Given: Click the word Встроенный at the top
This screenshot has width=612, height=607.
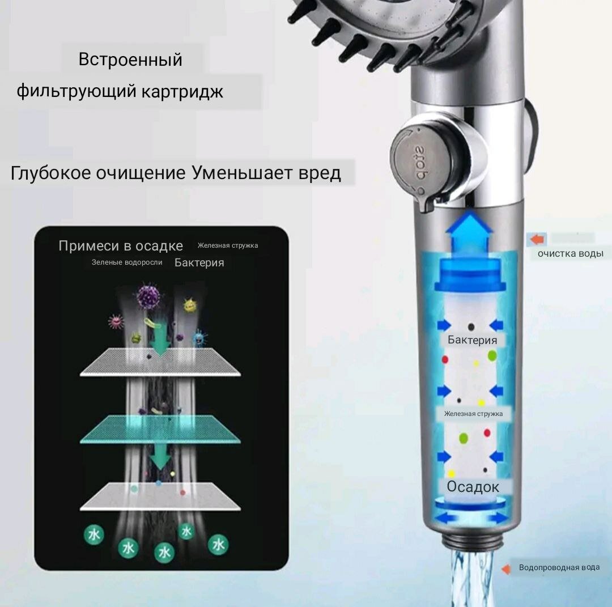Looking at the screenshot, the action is (x=130, y=60).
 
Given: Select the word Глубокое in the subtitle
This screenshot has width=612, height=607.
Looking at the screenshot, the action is (x=50, y=173).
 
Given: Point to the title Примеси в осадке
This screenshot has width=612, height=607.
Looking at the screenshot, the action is (x=121, y=246).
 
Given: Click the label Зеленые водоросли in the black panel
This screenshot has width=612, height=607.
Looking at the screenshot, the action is (x=127, y=262).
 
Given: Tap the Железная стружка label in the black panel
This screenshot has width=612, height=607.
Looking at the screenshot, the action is (x=228, y=245).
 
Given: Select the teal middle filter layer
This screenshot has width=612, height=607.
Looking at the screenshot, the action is (x=160, y=430).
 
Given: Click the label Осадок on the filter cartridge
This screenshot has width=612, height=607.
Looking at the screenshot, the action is (x=473, y=487).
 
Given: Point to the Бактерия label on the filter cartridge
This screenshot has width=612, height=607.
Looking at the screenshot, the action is (x=472, y=340).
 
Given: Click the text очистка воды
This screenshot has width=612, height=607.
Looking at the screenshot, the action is (x=570, y=253).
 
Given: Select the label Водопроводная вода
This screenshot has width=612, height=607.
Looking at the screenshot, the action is (x=559, y=567).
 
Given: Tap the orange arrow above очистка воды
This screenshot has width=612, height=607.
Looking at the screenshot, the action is (x=535, y=239).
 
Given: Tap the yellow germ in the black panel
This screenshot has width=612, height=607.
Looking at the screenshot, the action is (x=190, y=306).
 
